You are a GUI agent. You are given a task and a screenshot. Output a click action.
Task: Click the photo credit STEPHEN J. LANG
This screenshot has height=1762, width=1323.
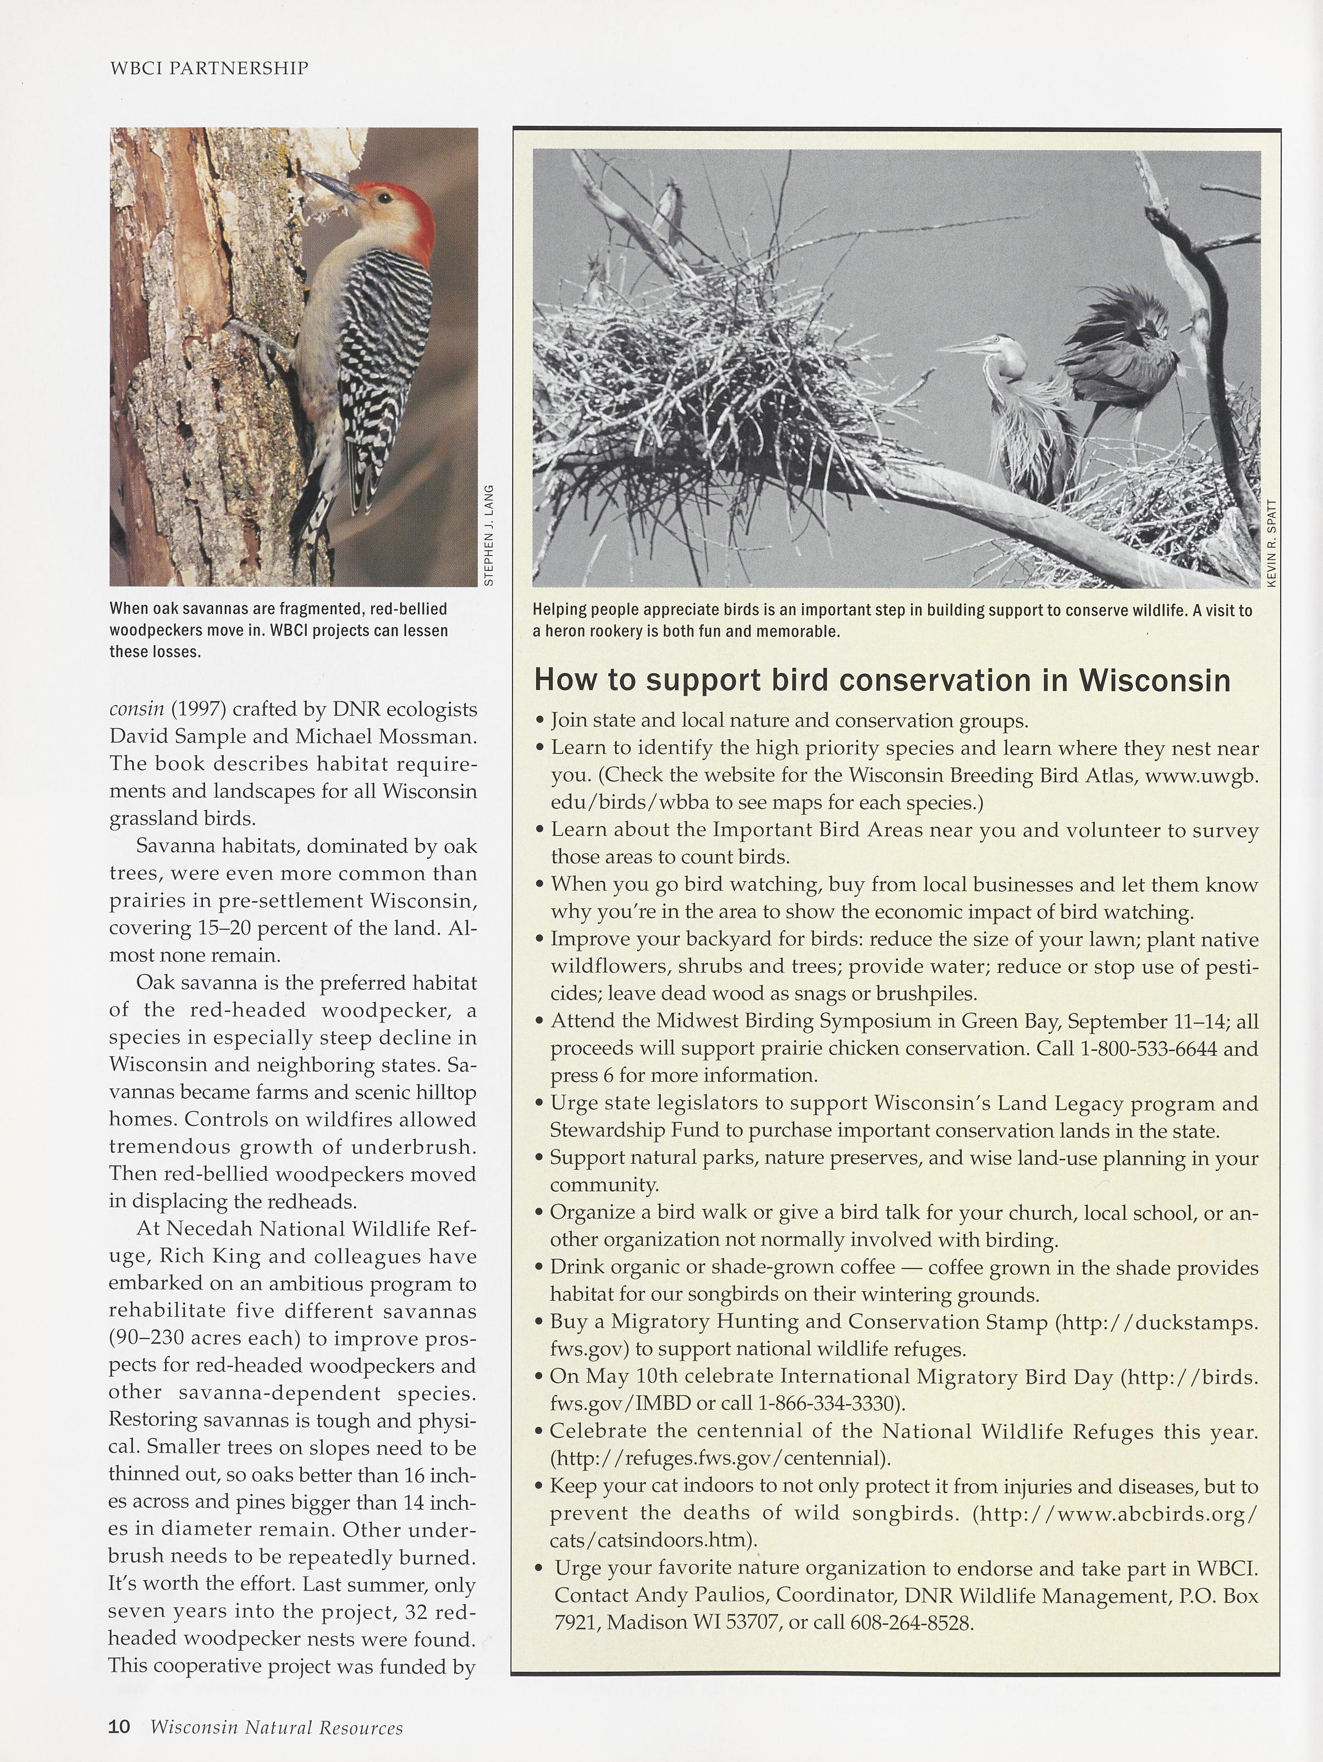(489, 535)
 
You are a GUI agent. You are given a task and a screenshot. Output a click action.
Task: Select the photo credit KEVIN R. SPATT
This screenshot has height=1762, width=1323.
(1271, 543)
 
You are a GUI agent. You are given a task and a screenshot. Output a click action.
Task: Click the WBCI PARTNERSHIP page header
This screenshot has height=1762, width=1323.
(209, 69)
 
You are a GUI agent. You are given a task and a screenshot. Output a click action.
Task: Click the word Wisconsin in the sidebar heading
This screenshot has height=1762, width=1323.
(1154, 681)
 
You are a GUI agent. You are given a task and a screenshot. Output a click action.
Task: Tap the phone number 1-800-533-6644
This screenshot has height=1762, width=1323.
(1148, 1048)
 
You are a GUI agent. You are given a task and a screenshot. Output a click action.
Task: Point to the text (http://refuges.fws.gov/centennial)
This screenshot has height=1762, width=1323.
(720, 1458)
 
